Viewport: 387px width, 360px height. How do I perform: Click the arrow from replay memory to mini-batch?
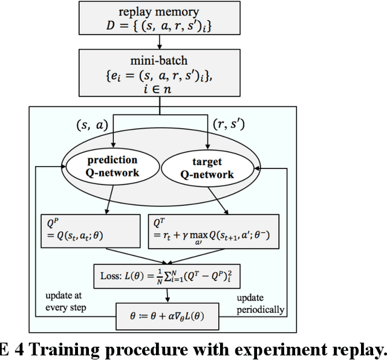(x=160, y=42)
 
